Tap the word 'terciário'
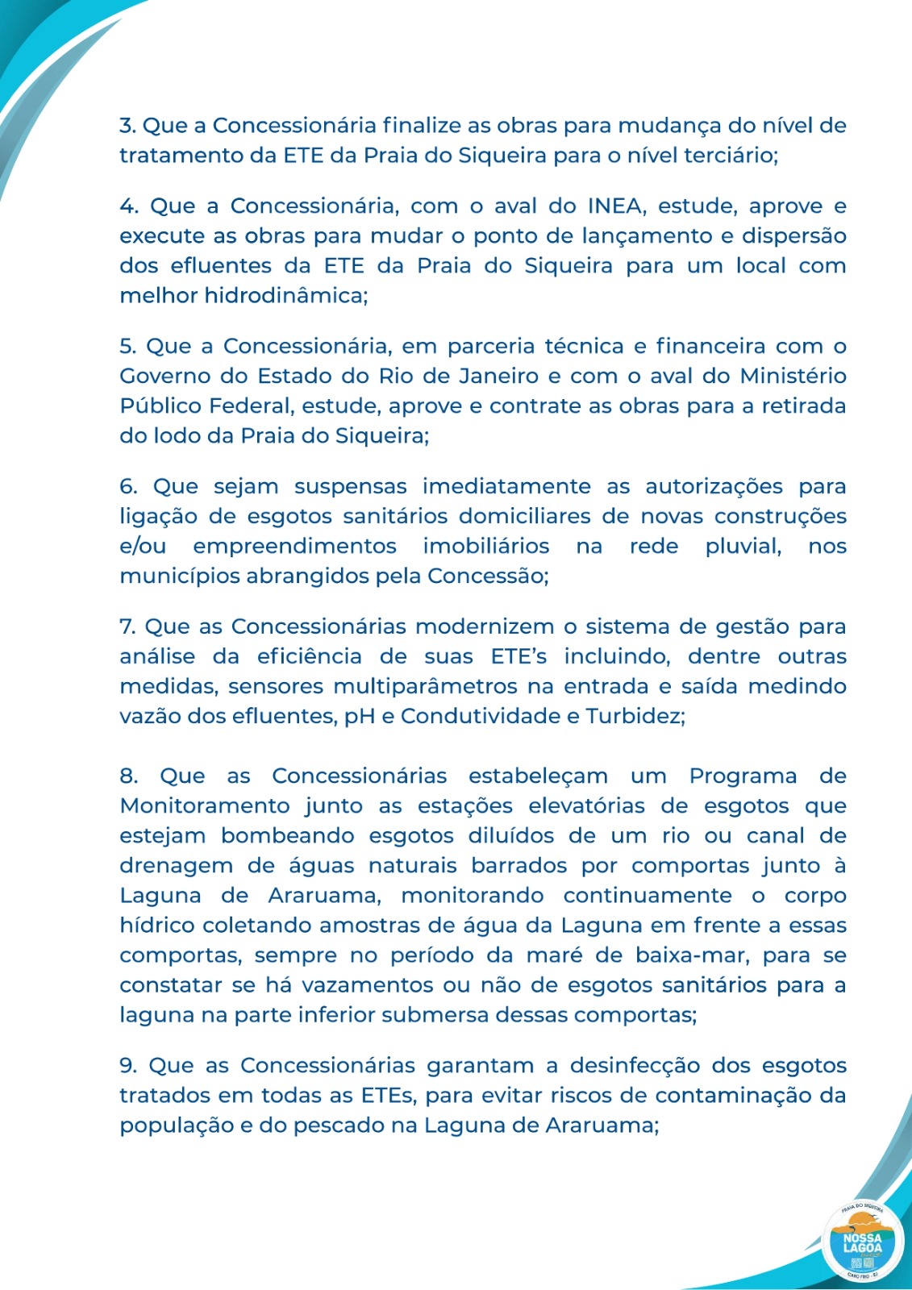tap(731, 156)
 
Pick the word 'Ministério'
tap(793, 377)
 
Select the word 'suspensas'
tap(350, 487)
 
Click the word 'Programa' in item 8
tap(743, 776)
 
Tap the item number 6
tap(128, 487)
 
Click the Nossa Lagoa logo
tap(862, 1242)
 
